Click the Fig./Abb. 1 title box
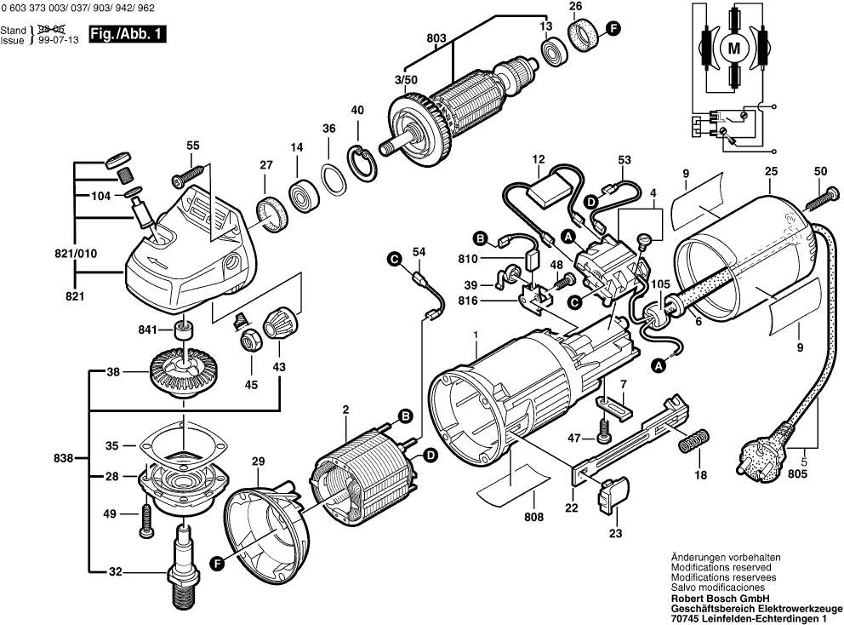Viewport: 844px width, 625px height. pos(128,36)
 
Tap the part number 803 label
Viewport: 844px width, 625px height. pos(436,37)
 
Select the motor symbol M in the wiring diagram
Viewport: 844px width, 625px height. pos(733,49)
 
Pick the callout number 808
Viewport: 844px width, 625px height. pos(534,515)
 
